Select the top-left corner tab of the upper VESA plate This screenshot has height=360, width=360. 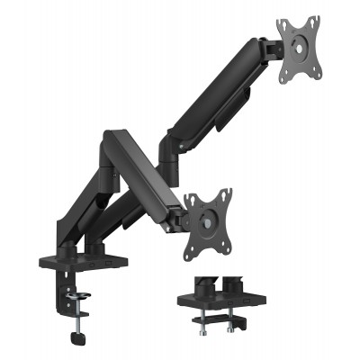[x=282, y=21]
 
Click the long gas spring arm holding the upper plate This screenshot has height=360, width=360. [x=216, y=98]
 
